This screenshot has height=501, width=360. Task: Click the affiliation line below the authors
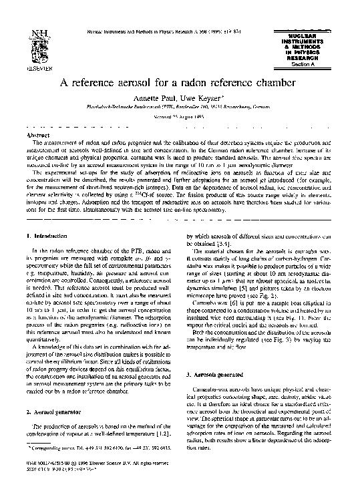click(182, 107)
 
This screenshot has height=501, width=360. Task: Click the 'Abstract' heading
click(38, 135)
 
